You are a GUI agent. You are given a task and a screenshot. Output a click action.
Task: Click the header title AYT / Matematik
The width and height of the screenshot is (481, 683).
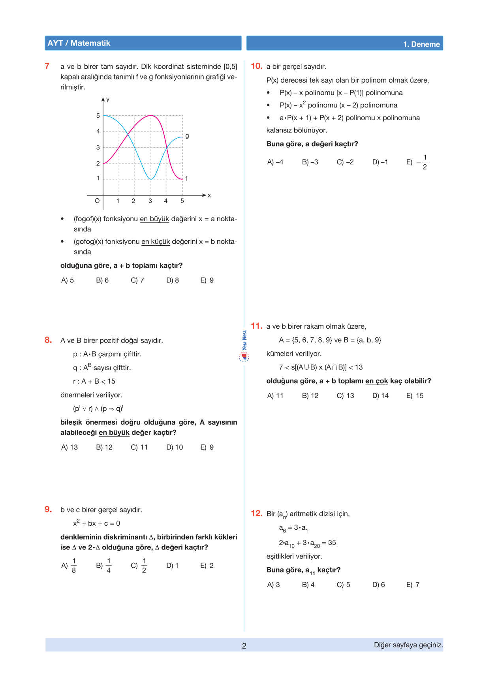pyautogui.click(x=79, y=43)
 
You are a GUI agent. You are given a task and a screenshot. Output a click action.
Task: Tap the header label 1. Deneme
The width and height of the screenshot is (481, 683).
pyautogui.click(x=421, y=44)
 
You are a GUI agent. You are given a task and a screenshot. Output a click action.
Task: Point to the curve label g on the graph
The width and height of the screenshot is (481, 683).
pyautogui.click(x=187, y=136)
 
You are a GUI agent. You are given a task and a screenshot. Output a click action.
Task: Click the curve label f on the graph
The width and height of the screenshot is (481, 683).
pyautogui.click(x=186, y=179)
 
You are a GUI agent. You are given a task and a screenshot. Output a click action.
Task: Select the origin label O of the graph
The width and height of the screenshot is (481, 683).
pyautogui.click(x=97, y=201)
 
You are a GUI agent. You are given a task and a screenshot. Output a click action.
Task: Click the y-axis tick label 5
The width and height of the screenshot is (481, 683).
pyautogui.click(x=98, y=116)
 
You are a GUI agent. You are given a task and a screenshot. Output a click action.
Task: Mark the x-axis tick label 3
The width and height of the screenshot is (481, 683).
pyautogui.click(x=150, y=201)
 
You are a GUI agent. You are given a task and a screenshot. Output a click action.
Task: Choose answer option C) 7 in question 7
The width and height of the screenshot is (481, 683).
pyautogui.click(x=137, y=280)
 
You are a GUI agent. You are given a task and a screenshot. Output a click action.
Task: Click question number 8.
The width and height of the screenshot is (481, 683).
pyautogui.click(x=48, y=340)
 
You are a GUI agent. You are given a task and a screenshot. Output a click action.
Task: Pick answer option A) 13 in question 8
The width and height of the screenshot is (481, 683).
pyautogui.click(x=70, y=447)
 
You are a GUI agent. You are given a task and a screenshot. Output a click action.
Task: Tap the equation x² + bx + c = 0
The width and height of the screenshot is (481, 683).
pyautogui.click(x=96, y=523)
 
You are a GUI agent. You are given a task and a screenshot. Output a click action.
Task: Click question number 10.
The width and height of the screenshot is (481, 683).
pyautogui.click(x=256, y=66)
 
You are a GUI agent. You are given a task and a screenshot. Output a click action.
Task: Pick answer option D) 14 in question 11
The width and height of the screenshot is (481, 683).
pyautogui.click(x=380, y=395)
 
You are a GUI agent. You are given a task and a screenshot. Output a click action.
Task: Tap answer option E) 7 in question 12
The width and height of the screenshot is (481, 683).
pyautogui.click(x=413, y=585)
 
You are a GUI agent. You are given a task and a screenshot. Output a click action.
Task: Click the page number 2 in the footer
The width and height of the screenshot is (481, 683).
pyautogui.click(x=244, y=646)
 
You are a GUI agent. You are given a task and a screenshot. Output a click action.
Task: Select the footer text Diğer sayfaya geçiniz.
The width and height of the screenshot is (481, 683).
pyautogui.click(x=408, y=645)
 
